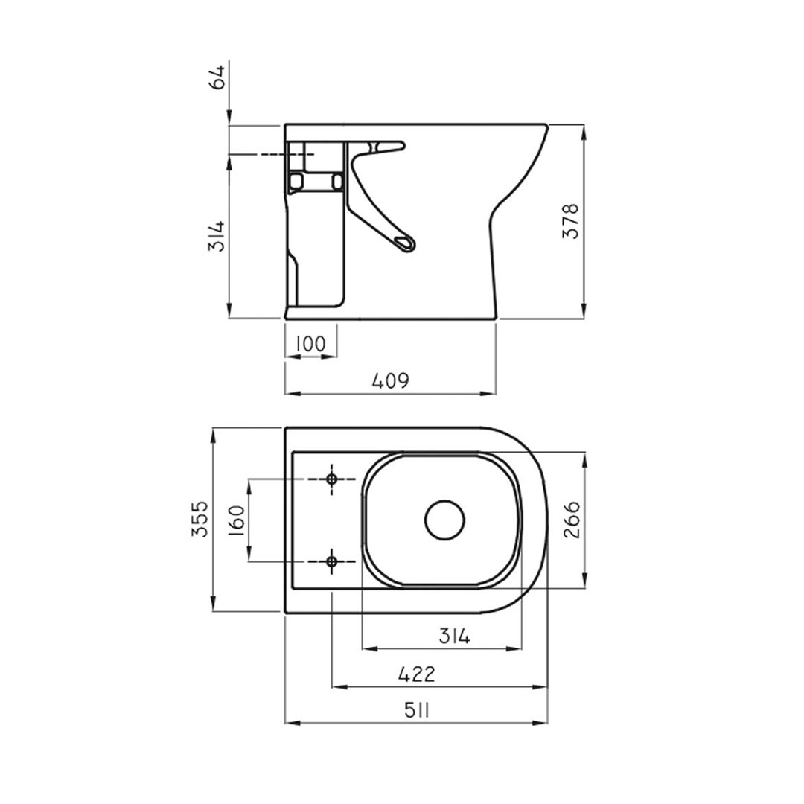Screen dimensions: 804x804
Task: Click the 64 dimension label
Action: [218, 77]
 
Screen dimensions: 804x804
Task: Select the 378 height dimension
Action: [571, 221]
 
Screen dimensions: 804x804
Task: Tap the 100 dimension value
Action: [310, 343]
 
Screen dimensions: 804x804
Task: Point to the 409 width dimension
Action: [391, 380]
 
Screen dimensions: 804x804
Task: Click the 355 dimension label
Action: [200, 519]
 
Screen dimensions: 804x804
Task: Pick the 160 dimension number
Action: [237, 520]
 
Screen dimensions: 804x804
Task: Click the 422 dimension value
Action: [416, 674]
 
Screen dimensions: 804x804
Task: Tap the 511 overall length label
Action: [417, 711]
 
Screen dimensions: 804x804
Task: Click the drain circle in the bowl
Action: [444, 520]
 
